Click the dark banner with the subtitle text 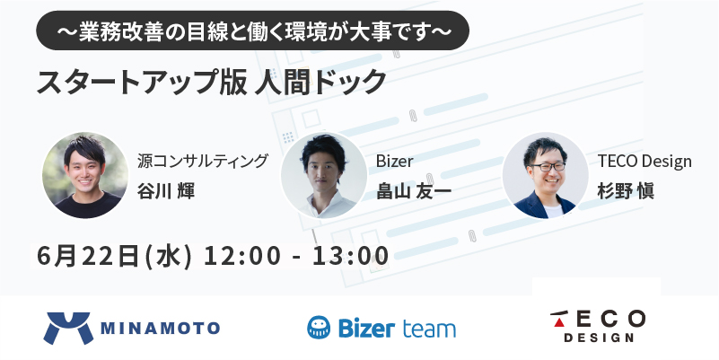pos(252,31)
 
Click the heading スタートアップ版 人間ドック pos(211,82)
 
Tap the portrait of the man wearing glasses pos(545,175)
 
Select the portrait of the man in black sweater pos(85,175)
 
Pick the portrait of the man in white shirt pos(324,175)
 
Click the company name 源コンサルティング pos(202,161)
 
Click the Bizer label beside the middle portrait pos(394,161)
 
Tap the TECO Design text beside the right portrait pos(644,161)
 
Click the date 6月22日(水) pos(114,256)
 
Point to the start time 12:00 pos(241,256)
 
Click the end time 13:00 pos(350,256)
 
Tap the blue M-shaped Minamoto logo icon pos(68,328)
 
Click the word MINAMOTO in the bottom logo pos(160,328)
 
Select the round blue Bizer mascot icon pos(319,328)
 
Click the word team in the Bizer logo pos(429,329)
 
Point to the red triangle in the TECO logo pos(559,322)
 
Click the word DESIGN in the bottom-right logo pos(599,338)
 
